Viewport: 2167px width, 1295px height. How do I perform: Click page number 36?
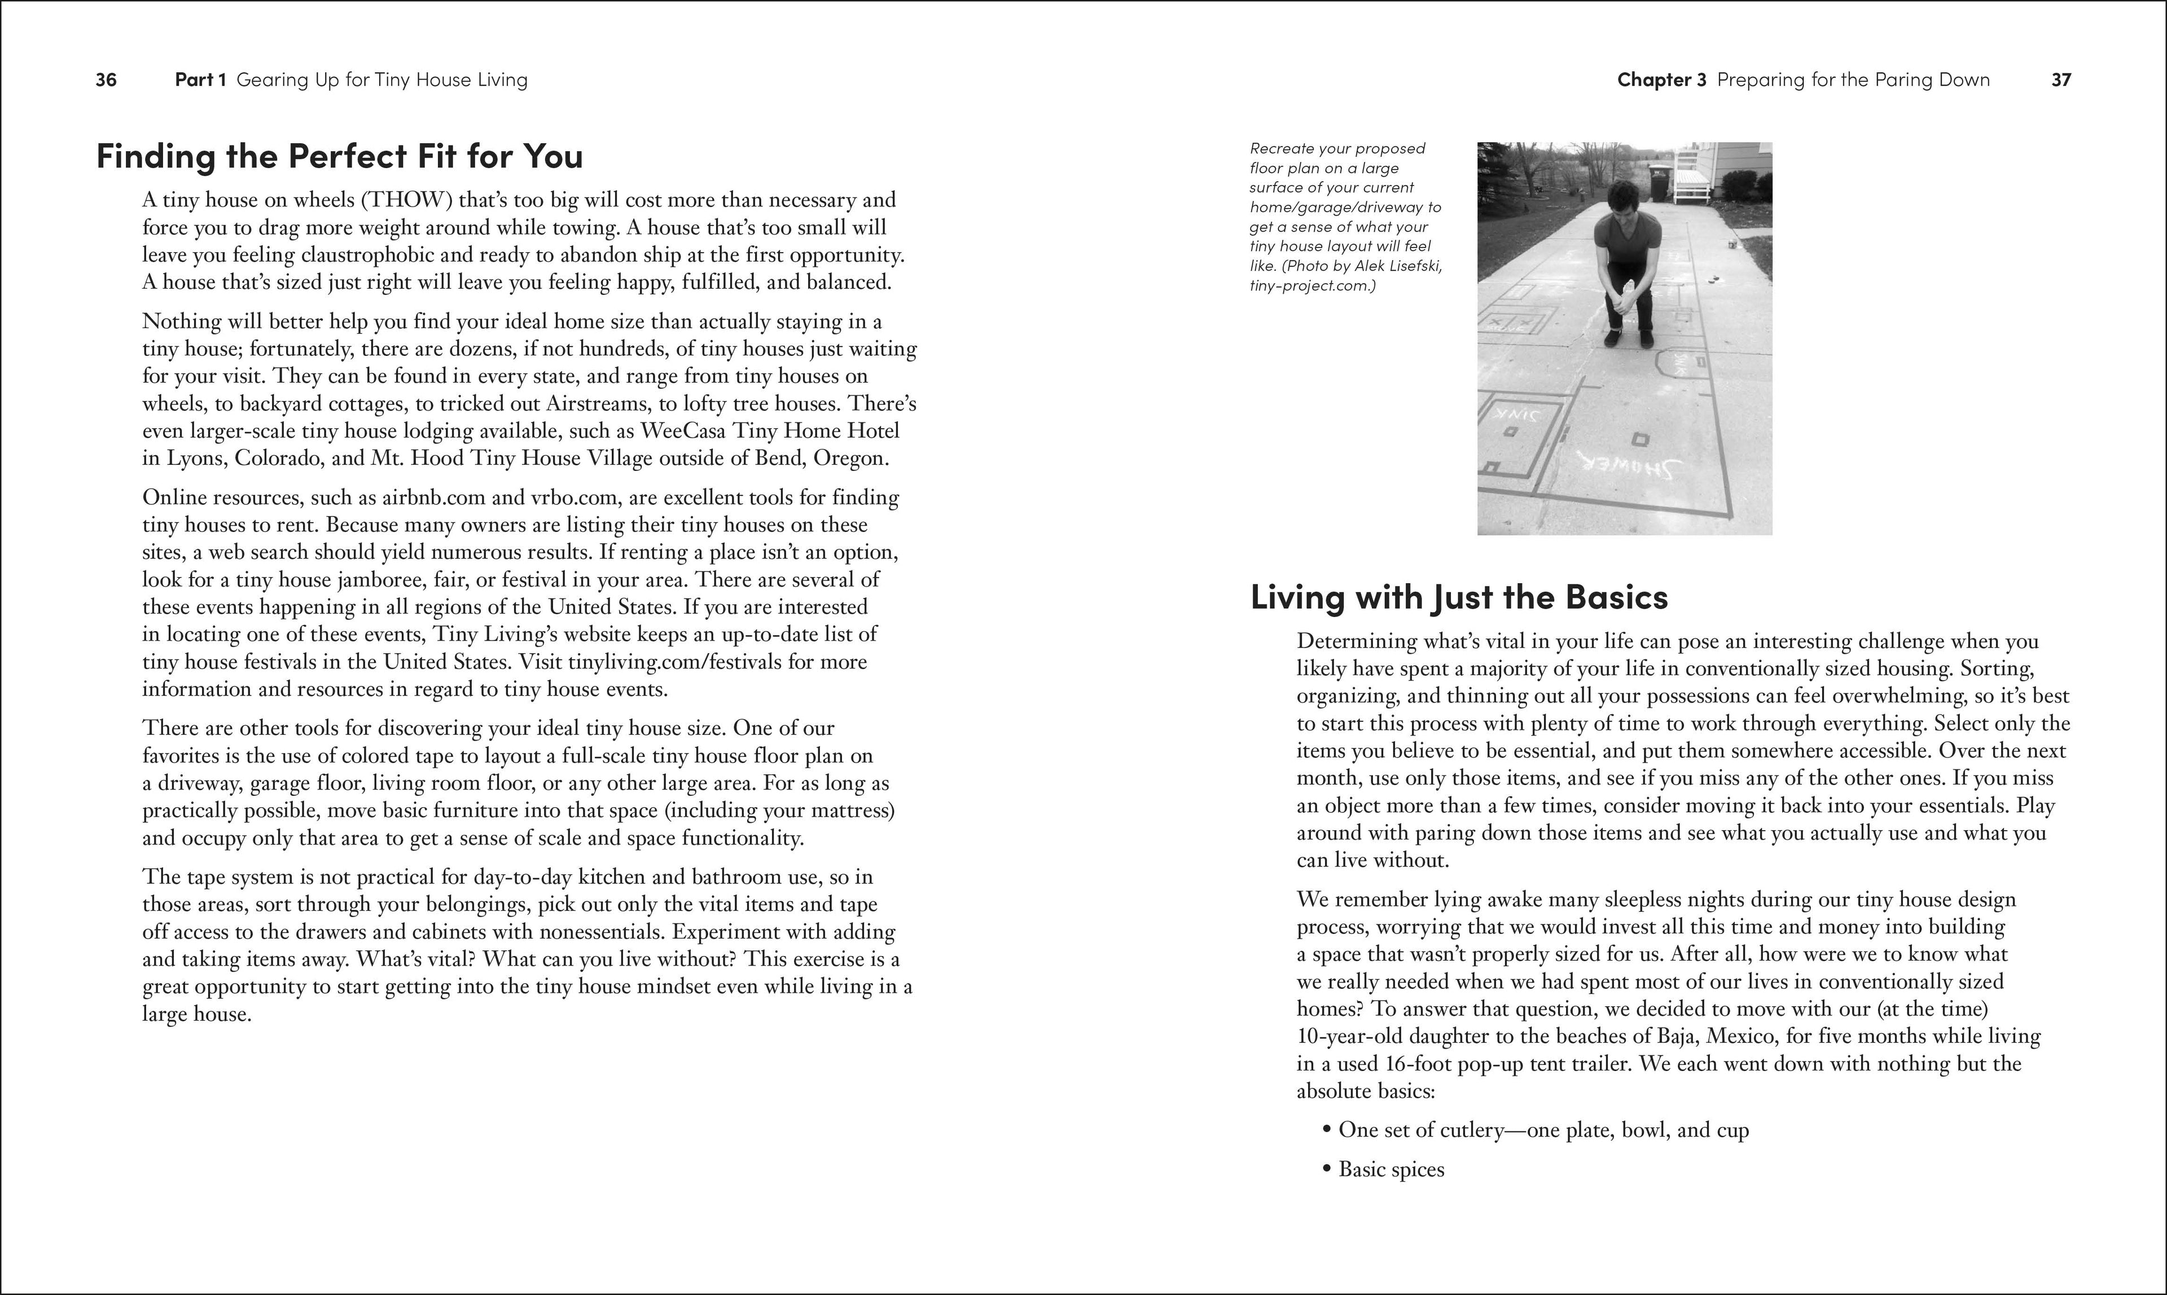pos(106,80)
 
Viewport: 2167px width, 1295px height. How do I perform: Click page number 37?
pos(2060,80)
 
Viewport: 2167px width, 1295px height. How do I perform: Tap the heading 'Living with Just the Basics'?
pos(1459,597)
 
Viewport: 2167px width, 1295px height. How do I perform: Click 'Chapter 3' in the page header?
pos(1661,80)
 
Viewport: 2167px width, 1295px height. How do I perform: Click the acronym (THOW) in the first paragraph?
pos(406,200)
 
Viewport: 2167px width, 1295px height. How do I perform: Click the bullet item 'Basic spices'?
pos(1391,1169)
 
